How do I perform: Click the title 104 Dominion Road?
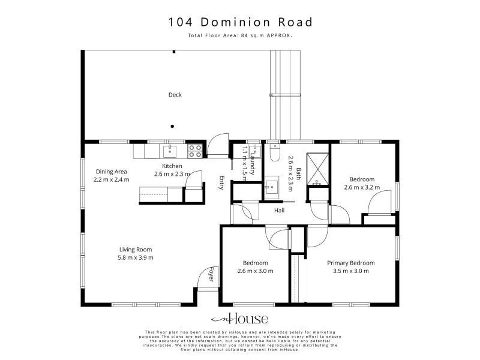coord(241,22)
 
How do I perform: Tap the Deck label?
coord(175,95)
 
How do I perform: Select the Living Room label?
coord(136,250)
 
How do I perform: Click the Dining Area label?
coord(111,172)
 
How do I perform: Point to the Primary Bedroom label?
coord(351,263)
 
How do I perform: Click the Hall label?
coord(279,211)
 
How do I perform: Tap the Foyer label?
coord(211,274)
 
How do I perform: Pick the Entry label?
coord(221,183)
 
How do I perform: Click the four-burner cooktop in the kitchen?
coord(194,151)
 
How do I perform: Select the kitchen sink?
coord(170,151)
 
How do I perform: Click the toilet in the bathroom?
coord(275,152)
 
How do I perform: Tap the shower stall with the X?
coord(318,169)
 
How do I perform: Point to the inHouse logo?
coord(239,319)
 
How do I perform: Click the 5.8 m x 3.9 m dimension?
coord(136,258)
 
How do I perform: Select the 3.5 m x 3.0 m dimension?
coord(351,271)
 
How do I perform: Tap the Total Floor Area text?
coord(240,35)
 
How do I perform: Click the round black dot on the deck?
coord(172,126)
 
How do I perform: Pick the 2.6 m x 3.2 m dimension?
coord(362,187)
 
